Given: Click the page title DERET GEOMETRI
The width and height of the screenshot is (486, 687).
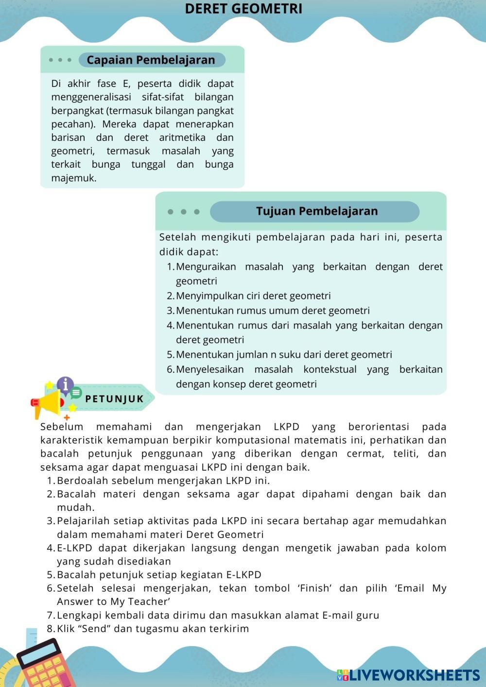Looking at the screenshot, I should click(x=243, y=9).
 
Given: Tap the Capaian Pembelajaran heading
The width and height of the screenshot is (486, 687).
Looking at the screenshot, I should click(x=151, y=60).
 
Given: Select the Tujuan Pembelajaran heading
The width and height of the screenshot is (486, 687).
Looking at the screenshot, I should click(x=316, y=211).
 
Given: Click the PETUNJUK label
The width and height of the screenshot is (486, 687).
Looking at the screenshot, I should click(x=115, y=399).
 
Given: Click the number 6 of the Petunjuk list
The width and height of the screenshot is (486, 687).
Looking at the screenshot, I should click(x=51, y=588).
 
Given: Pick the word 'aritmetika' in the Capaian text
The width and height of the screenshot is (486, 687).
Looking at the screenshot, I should click(x=182, y=137).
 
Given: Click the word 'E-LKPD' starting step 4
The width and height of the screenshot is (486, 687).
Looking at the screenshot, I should click(x=75, y=548).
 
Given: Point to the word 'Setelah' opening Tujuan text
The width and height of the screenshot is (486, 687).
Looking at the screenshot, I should click(x=177, y=238).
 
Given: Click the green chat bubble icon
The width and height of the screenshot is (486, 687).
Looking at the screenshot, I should click(x=76, y=392).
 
